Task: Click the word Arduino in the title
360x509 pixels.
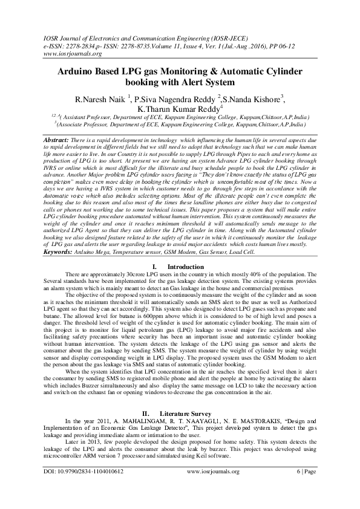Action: (77, 71)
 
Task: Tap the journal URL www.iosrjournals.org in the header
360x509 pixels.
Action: (59, 53)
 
